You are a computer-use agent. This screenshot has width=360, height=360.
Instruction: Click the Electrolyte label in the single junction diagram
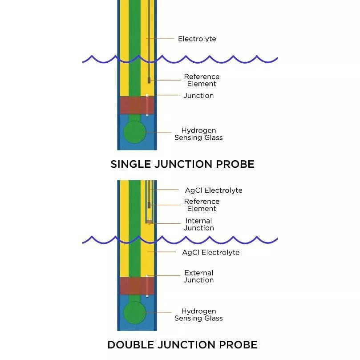[197, 39]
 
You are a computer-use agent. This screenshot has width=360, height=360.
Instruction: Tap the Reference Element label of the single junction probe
[202, 80]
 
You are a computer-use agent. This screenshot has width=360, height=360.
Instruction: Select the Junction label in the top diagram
[198, 96]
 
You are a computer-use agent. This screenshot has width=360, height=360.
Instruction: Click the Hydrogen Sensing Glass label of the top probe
[198, 134]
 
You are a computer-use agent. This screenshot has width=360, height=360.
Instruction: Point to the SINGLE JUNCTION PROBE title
[182, 164]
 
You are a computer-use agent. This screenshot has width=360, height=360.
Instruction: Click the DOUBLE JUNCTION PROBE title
[182, 344]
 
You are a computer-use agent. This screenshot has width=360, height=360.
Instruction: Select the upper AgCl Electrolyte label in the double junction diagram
[214, 190]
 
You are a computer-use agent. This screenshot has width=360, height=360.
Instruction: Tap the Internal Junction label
[198, 224]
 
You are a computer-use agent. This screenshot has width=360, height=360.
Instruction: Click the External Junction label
[198, 276]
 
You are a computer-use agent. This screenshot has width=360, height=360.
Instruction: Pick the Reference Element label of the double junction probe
[202, 205]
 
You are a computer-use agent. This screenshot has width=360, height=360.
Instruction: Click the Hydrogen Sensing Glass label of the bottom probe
[198, 315]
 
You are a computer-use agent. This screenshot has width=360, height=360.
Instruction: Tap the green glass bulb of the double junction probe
[135, 313]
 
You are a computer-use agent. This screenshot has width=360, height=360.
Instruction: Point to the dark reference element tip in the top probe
[149, 81]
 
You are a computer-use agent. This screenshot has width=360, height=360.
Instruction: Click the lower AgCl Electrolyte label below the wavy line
[210, 252]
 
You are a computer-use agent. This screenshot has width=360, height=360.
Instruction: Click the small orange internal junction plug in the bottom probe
[149, 222]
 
